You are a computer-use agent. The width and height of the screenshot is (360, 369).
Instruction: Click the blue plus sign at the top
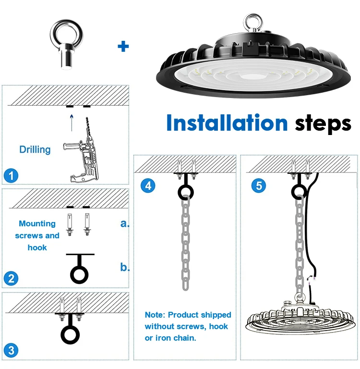click(123, 47)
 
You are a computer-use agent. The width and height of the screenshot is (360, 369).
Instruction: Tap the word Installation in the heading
click(227, 123)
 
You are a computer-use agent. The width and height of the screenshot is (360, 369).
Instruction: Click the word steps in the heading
click(323, 124)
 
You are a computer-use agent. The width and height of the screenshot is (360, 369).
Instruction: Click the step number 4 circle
click(148, 185)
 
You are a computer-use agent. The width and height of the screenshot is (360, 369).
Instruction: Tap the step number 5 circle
click(258, 185)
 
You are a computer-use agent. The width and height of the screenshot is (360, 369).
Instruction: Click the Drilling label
click(35, 149)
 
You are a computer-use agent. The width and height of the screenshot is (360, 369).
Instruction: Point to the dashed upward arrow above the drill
click(72, 122)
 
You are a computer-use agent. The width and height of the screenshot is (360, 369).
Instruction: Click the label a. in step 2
click(125, 223)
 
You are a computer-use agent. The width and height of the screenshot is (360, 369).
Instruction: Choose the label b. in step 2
click(125, 268)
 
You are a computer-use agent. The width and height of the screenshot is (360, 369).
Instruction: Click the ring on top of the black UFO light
click(252, 22)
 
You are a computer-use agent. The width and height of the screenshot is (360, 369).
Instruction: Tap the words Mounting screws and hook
click(37, 235)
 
